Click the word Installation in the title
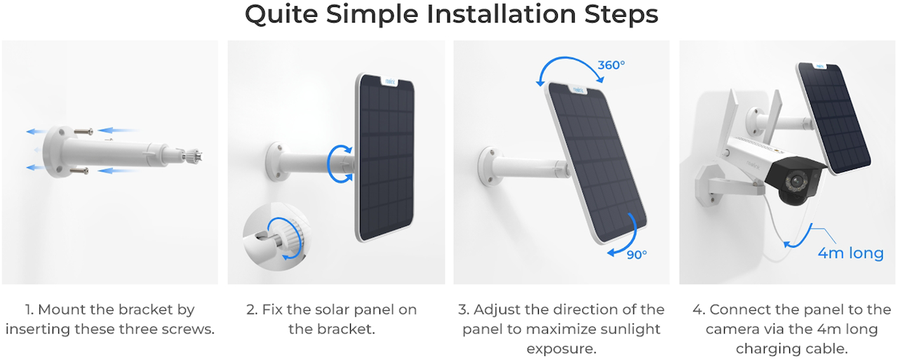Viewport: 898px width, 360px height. [502, 15]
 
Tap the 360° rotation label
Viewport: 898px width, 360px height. [611, 65]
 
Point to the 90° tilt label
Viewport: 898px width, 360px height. [636, 255]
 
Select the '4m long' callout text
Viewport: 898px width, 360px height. [851, 253]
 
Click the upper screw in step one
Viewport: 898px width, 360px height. [83, 131]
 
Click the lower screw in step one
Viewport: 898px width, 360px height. [79, 171]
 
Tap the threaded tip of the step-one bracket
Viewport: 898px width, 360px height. [193, 155]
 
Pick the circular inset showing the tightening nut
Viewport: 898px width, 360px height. [276, 236]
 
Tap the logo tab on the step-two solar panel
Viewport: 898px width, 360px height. [390, 81]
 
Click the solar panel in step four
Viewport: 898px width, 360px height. [833, 119]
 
